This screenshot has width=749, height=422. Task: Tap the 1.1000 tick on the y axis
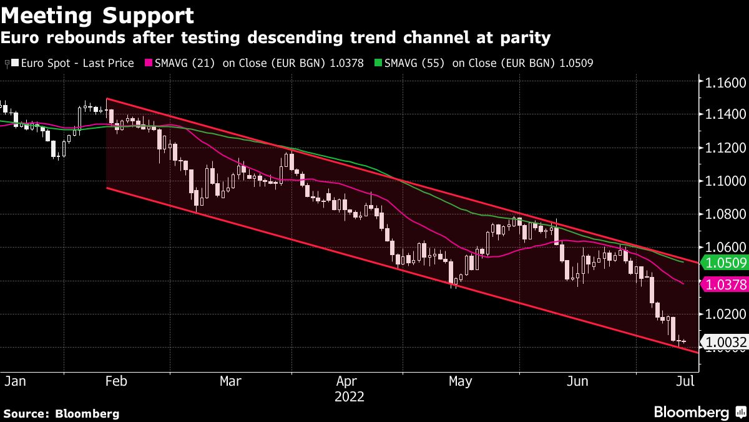point(725,181)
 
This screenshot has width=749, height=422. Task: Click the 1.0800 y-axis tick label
point(725,214)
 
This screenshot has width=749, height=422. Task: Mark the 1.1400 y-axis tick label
point(725,115)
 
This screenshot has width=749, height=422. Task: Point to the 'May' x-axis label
point(460,381)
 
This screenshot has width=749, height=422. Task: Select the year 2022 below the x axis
point(349,396)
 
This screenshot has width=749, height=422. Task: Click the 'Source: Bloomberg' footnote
point(61,413)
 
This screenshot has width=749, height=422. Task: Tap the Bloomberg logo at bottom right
point(699,412)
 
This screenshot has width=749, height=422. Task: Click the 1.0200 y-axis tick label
point(725,314)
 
